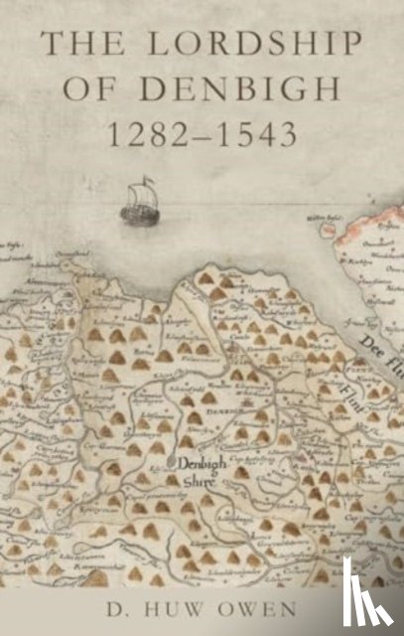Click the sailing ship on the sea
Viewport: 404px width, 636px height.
click(x=138, y=203)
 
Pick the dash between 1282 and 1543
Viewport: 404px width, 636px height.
click(x=203, y=133)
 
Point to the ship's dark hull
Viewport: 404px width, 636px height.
click(x=137, y=213)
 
